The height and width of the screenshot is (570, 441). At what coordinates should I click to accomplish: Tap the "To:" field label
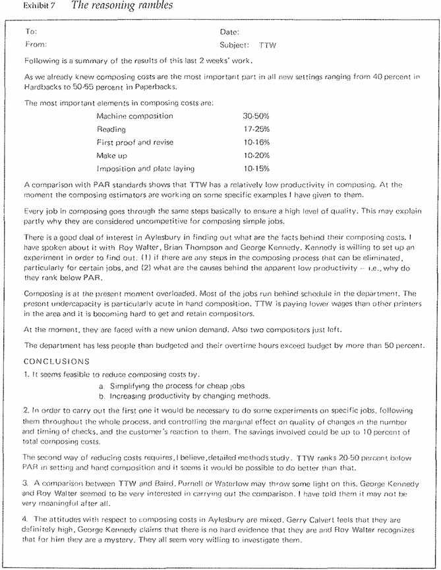tap(30, 32)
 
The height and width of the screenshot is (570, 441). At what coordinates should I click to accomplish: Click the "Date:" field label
tap(229, 32)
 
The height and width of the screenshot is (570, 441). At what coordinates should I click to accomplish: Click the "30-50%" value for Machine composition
tap(256, 116)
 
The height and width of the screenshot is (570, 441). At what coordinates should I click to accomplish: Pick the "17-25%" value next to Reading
tap(256, 129)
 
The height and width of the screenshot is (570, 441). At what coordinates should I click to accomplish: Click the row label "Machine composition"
tap(134, 116)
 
